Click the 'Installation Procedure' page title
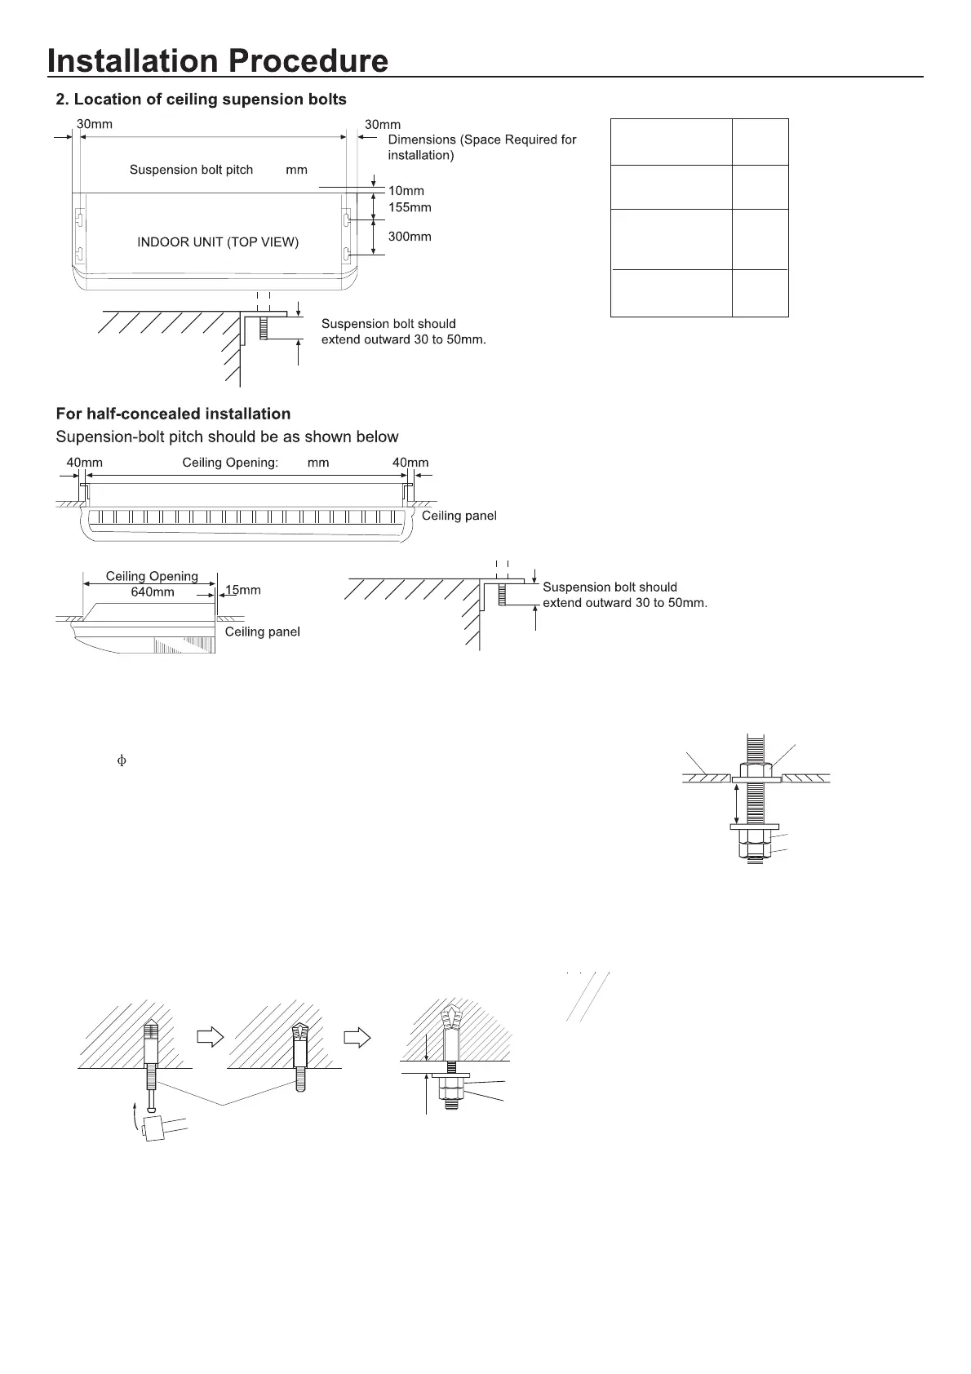[x=217, y=61]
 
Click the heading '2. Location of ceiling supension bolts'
[x=201, y=100]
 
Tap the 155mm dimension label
[x=410, y=207]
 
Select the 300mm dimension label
[x=410, y=237]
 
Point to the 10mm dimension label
[x=406, y=191]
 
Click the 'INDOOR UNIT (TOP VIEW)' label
[x=218, y=242]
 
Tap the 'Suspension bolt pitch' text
[x=192, y=170]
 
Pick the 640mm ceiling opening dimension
[x=153, y=592]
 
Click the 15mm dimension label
[x=243, y=590]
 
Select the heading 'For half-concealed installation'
[x=173, y=414]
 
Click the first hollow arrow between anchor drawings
[x=211, y=1037]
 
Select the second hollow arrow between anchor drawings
[x=357, y=1037]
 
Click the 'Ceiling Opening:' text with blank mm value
[x=230, y=463]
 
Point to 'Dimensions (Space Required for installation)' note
[x=481, y=147]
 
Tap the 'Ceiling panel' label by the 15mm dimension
[x=262, y=632]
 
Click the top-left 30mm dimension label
[x=95, y=125]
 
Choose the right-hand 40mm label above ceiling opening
[x=410, y=463]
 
